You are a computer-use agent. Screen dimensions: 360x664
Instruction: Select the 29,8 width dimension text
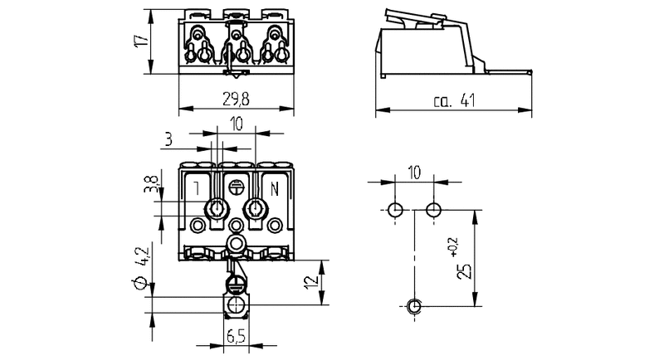[237, 99]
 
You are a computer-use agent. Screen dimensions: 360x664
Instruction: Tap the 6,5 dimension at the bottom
[236, 337]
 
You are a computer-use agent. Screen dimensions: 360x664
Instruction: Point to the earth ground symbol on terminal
[237, 187]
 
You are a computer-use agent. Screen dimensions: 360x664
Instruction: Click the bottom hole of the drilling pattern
[414, 307]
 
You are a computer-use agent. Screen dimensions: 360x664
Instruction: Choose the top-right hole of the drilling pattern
[432, 207]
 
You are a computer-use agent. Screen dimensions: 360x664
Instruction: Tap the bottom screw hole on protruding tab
[237, 306]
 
